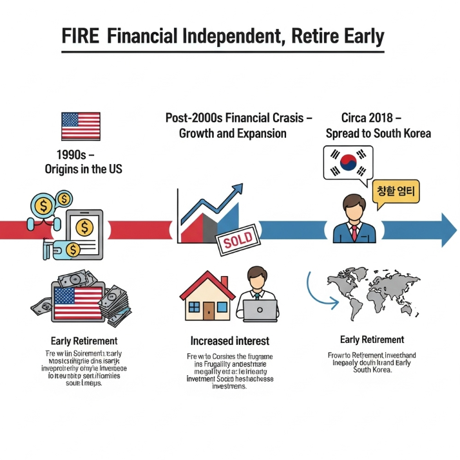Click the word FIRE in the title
tap(81, 37)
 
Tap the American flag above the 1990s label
tap(81, 126)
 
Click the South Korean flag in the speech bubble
tap(348, 163)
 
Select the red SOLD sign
tap(238, 243)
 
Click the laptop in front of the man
tap(260, 311)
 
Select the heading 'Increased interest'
tap(230, 340)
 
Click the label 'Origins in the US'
tap(84, 169)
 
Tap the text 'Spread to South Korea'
tap(378, 133)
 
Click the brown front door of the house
tap(209, 310)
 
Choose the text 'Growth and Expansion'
tap(233, 134)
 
